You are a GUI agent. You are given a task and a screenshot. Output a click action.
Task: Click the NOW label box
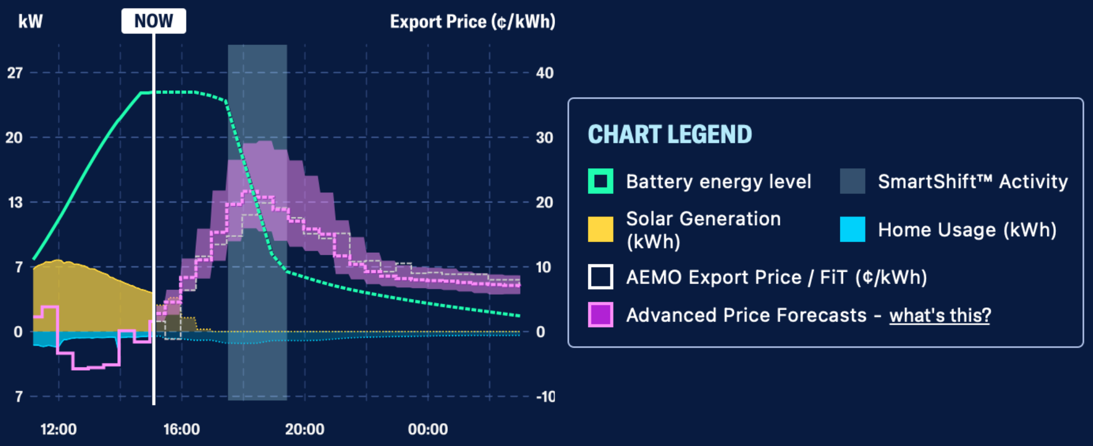point(153,21)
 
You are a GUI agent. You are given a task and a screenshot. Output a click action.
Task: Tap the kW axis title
point(30,22)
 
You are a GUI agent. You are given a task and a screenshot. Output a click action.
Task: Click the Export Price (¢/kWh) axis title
point(472,22)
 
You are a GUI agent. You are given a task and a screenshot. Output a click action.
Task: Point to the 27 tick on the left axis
point(15,73)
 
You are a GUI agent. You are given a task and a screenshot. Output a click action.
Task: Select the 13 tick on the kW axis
point(15,202)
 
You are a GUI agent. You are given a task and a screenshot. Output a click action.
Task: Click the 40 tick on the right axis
point(544,73)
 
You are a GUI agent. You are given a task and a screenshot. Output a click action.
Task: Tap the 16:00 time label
point(181,429)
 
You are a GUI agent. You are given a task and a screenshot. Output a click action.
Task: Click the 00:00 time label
point(428,429)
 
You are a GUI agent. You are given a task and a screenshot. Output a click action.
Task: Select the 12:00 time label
point(58,429)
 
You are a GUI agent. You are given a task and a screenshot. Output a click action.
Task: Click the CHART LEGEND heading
point(670,134)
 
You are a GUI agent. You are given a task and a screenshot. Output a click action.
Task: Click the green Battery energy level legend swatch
point(601,181)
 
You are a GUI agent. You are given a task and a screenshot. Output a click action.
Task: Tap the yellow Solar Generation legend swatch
point(601,229)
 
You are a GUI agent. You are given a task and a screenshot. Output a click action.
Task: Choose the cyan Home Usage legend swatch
point(852,229)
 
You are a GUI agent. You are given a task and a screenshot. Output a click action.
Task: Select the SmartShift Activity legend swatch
point(852,181)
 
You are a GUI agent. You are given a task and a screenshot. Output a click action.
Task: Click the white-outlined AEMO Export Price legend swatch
point(601,277)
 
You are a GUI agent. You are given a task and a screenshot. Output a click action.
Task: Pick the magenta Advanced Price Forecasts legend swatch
point(601,315)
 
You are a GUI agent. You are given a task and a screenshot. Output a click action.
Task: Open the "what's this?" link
point(940,315)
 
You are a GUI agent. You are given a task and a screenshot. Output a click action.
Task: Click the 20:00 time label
point(305,429)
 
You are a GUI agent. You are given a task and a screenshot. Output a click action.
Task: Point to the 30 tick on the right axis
point(544,138)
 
